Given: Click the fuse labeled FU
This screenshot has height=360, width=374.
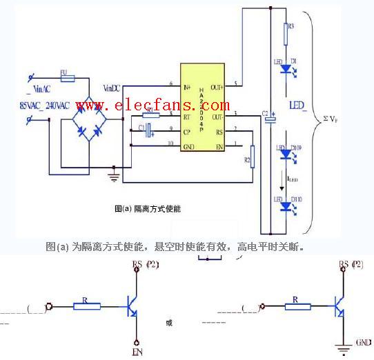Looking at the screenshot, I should (68, 79).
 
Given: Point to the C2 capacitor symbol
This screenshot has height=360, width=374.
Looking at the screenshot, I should (269, 119).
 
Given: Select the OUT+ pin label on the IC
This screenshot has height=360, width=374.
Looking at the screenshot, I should (217, 87).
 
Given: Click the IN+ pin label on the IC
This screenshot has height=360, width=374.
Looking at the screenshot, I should (186, 87).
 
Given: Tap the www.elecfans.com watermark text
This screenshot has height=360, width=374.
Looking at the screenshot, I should (153, 106).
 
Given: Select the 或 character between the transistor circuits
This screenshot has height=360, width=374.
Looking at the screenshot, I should (170, 322).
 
